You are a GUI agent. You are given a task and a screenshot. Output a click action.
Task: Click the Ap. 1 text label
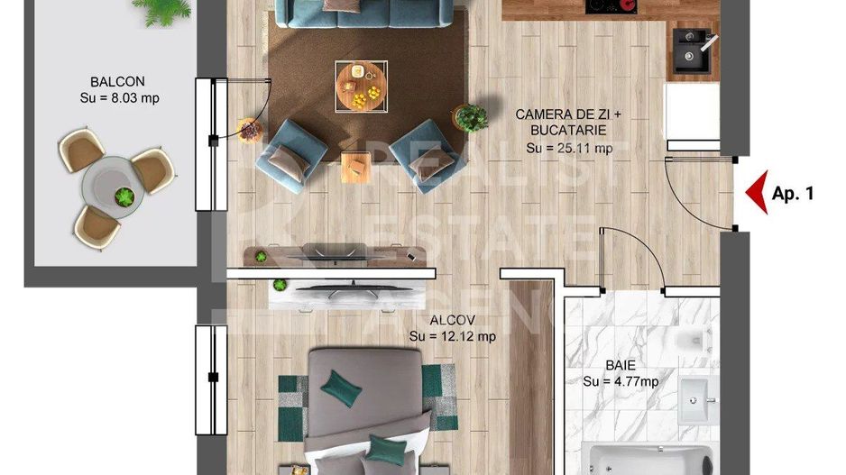[793, 193]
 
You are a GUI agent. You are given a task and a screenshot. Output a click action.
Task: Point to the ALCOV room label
[452, 319]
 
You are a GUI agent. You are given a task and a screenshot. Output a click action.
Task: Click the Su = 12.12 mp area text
[452, 336]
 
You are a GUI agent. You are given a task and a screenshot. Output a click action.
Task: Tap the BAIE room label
[621, 366]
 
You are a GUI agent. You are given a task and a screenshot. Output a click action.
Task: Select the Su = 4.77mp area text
[621, 382]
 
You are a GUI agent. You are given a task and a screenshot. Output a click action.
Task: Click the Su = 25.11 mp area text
[569, 148]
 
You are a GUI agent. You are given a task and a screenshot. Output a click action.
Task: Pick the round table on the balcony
[114, 186]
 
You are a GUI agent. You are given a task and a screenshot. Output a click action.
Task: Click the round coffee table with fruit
[361, 87]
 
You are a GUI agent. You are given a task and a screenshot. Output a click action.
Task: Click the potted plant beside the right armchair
[471, 116]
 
